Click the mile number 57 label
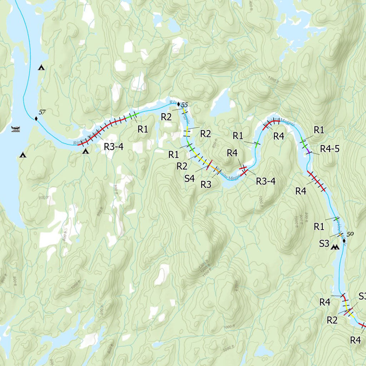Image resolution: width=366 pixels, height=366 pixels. (x=42, y=112)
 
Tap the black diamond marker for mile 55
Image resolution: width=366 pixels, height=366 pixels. (x=179, y=104)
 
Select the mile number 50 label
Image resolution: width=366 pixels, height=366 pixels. (x=350, y=234)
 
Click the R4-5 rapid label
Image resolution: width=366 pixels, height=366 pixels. (x=330, y=148)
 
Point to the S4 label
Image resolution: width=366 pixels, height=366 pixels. (x=190, y=178)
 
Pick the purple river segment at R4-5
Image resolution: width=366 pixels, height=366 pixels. (x=308, y=152)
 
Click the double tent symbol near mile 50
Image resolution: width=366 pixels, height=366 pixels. (x=335, y=247)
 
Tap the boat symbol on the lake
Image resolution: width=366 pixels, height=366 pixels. (x=16, y=129)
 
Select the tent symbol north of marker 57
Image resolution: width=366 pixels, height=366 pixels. (x=41, y=67)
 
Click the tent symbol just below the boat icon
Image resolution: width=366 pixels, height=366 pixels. (x=23, y=155)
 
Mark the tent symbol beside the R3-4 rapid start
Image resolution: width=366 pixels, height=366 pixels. (x=85, y=152)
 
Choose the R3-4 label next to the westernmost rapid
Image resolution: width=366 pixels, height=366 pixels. (x=113, y=146)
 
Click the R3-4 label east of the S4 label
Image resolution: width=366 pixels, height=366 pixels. (x=266, y=181)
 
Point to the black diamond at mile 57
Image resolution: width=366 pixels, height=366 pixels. (x=36, y=118)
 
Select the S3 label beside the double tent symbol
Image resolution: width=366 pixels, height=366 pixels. (x=324, y=243)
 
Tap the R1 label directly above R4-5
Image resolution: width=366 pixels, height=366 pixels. (x=319, y=130)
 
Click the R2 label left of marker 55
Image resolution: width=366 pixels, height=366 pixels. (x=166, y=117)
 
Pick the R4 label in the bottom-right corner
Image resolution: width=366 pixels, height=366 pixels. (x=355, y=340)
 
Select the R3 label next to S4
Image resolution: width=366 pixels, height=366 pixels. (x=206, y=184)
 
